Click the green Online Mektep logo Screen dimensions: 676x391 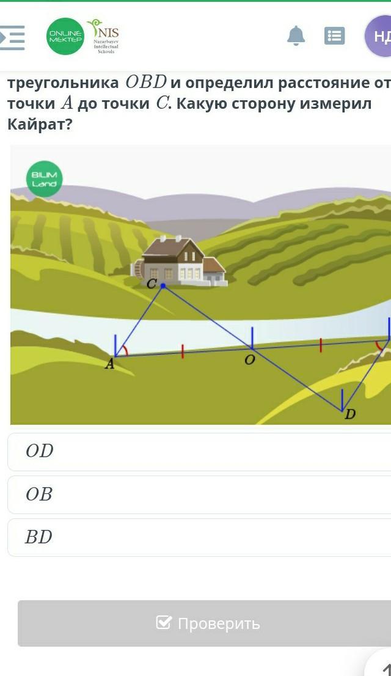tap(65, 36)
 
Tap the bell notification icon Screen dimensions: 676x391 tap(296, 36)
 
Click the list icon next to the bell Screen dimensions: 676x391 tap(334, 36)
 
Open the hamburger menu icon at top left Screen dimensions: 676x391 tap(12, 37)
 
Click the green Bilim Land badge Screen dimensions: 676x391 tap(44, 179)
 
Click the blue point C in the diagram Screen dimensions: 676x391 tap(163, 285)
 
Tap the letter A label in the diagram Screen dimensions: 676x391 tap(109, 365)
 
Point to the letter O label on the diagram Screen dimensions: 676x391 tap(249, 361)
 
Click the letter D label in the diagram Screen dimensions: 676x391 tap(349, 414)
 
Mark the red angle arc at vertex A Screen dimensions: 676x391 tap(125, 350)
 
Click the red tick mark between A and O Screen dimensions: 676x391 tap(182, 351)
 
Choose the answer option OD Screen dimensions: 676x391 tap(40, 451)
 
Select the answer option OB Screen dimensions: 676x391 tap(39, 494)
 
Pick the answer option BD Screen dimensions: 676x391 tap(38, 537)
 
